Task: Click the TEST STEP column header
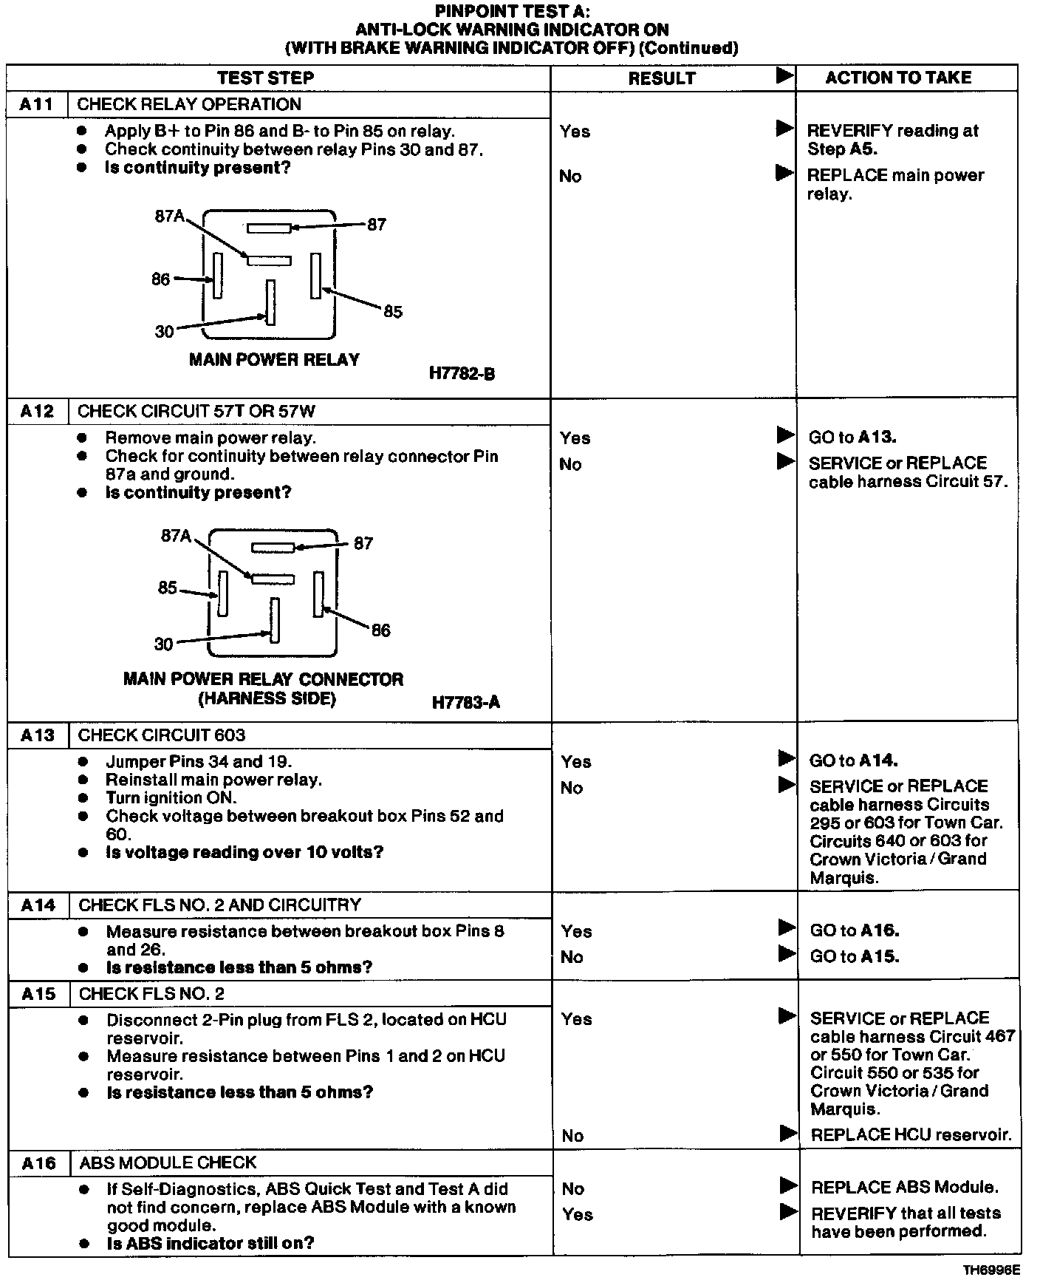click(265, 78)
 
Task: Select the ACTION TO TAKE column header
click(898, 78)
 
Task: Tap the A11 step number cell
click(37, 104)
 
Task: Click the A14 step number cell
click(38, 905)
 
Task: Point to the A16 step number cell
click(39, 1162)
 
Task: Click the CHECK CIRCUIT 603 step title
click(161, 735)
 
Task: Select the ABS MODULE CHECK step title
click(168, 1162)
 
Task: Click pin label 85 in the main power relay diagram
click(393, 312)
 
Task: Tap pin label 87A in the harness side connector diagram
click(176, 536)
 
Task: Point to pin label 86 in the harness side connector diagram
click(380, 630)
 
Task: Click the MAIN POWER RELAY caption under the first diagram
click(274, 360)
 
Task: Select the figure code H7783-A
click(465, 702)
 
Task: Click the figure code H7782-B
click(462, 374)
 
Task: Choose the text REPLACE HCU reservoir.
click(911, 1134)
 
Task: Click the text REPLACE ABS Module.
click(905, 1187)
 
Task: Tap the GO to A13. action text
click(852, 437)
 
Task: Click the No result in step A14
click(572, 957)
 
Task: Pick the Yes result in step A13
click(576, 761)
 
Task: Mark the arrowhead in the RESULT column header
click(784, 75)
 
